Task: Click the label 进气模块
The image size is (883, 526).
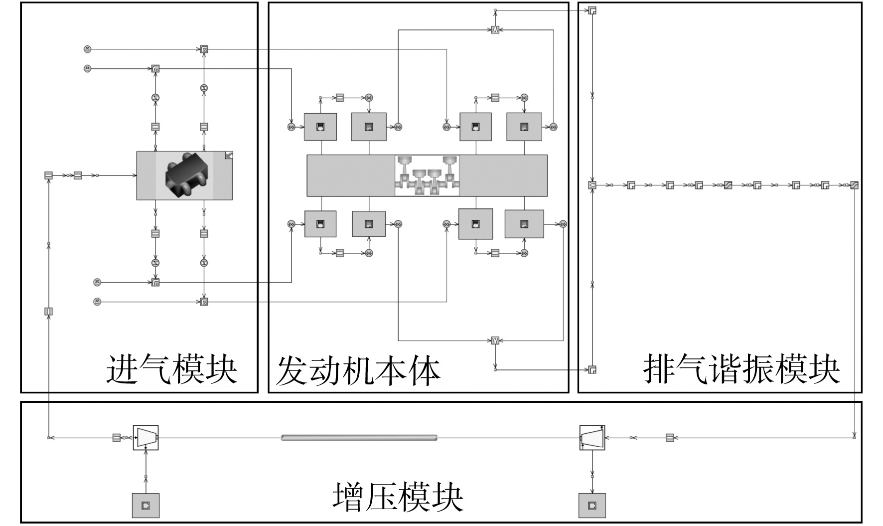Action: click(x=171, y=369)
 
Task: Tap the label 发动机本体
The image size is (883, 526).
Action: click(x=358, y=370)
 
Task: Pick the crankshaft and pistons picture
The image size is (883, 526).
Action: click(x=427, y=175)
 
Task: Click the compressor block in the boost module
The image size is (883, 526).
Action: click(x=146, y=438)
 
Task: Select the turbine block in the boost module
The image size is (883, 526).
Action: click(x=592, y=438)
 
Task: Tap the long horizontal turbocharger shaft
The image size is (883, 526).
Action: click(x=359, y=438)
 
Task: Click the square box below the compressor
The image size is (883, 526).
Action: click(x=146, y=506)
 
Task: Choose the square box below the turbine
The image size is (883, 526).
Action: click(x=592, y=506)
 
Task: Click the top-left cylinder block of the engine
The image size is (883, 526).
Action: click(x=320, y=127)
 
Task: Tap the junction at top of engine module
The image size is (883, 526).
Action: click(x=495, y=30)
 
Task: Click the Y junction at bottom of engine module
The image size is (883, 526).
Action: click(x=495, y=341)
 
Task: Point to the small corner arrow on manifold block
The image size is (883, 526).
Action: click(x=229, y=155)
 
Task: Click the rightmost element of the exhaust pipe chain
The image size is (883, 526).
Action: click(x=854, y=185)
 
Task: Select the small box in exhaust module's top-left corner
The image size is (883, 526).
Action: click(x=592, y=10)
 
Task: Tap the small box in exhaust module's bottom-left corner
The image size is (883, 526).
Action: click(x=592, y=369)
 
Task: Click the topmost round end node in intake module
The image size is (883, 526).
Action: click(x=88, y=49)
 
